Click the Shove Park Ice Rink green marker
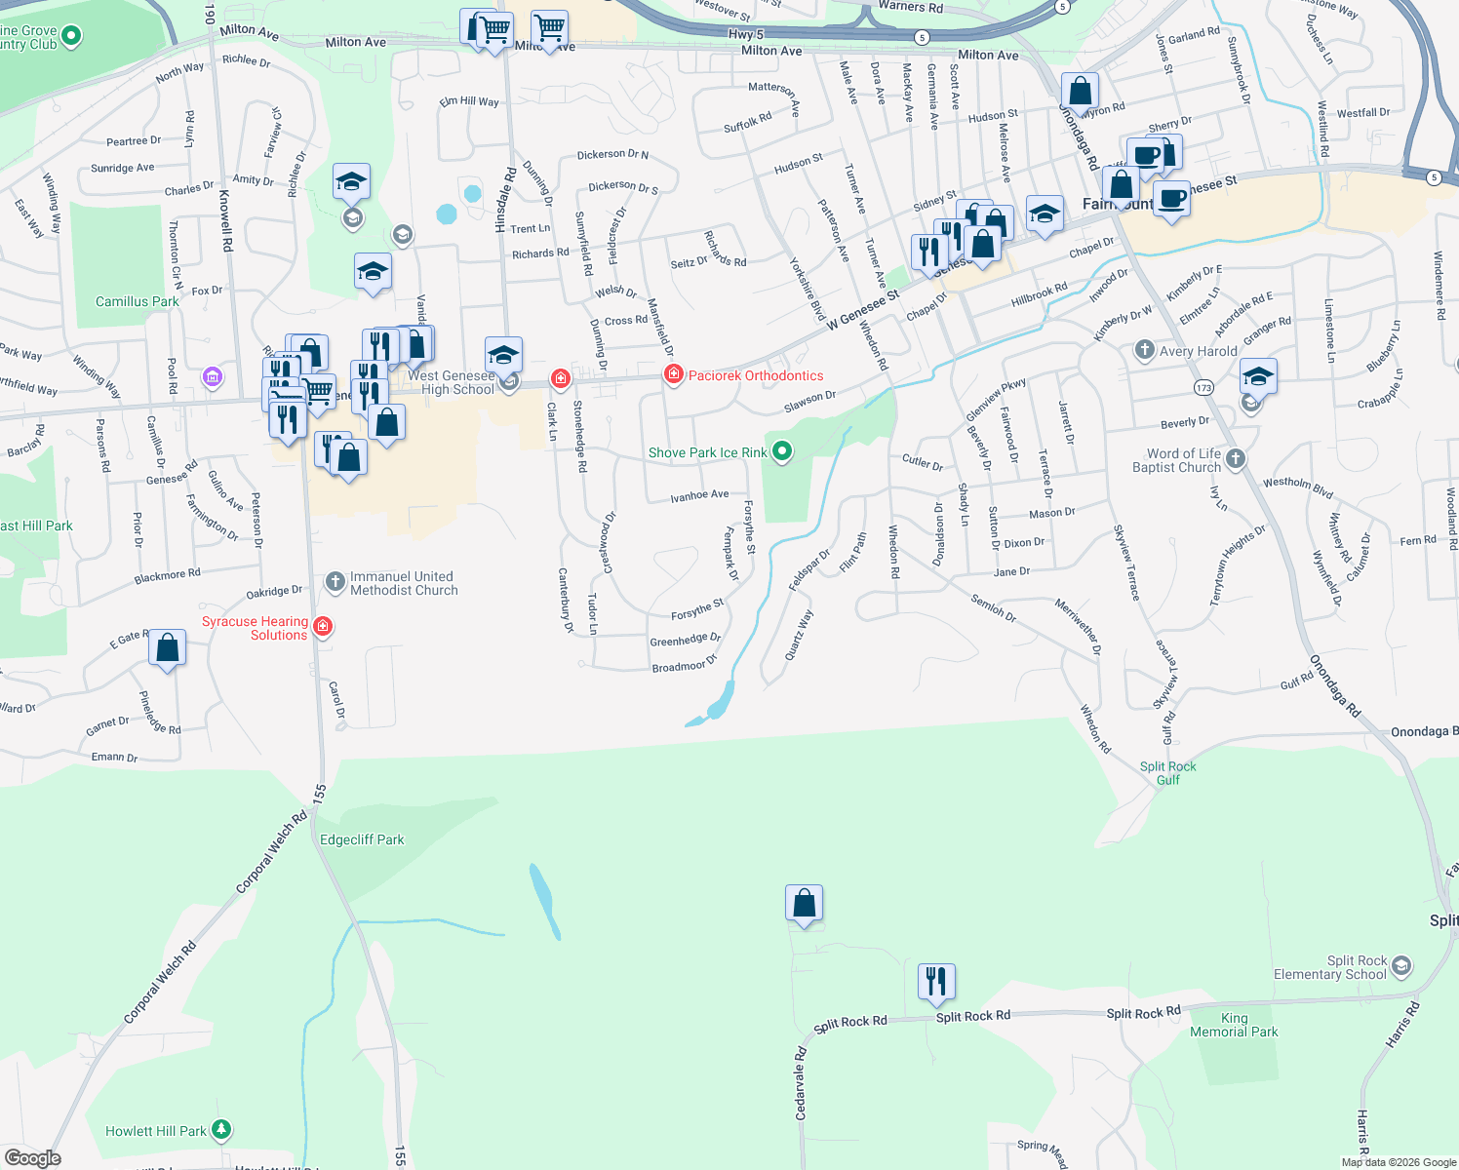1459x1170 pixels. pos(782,451)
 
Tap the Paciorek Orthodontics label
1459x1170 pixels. pos(756,375)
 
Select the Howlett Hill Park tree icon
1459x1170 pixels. pos(221,1130)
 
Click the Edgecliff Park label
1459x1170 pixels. pos(362,839)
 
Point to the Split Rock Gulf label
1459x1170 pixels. pos(1167,773)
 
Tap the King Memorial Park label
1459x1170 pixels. pos(1234,1025)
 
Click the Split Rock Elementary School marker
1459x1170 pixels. pos(1401,966)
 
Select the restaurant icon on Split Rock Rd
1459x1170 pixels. pos(935,982)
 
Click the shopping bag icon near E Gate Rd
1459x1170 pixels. pos(168,648)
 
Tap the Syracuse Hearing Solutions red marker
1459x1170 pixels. pos(324,627)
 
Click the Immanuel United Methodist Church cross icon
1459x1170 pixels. pos(335,582)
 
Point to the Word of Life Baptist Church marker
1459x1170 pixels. pos(1236,459)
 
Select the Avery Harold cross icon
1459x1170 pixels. pos(1145,350)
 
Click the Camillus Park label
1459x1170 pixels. pos(137,301)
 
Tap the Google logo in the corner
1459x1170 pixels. pos(33,1158)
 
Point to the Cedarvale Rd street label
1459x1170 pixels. pos(801,1082)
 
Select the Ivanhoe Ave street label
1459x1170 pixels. pos(699,496)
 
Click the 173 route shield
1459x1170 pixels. pos(1203,388)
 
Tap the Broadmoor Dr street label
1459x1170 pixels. pos(685,664)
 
